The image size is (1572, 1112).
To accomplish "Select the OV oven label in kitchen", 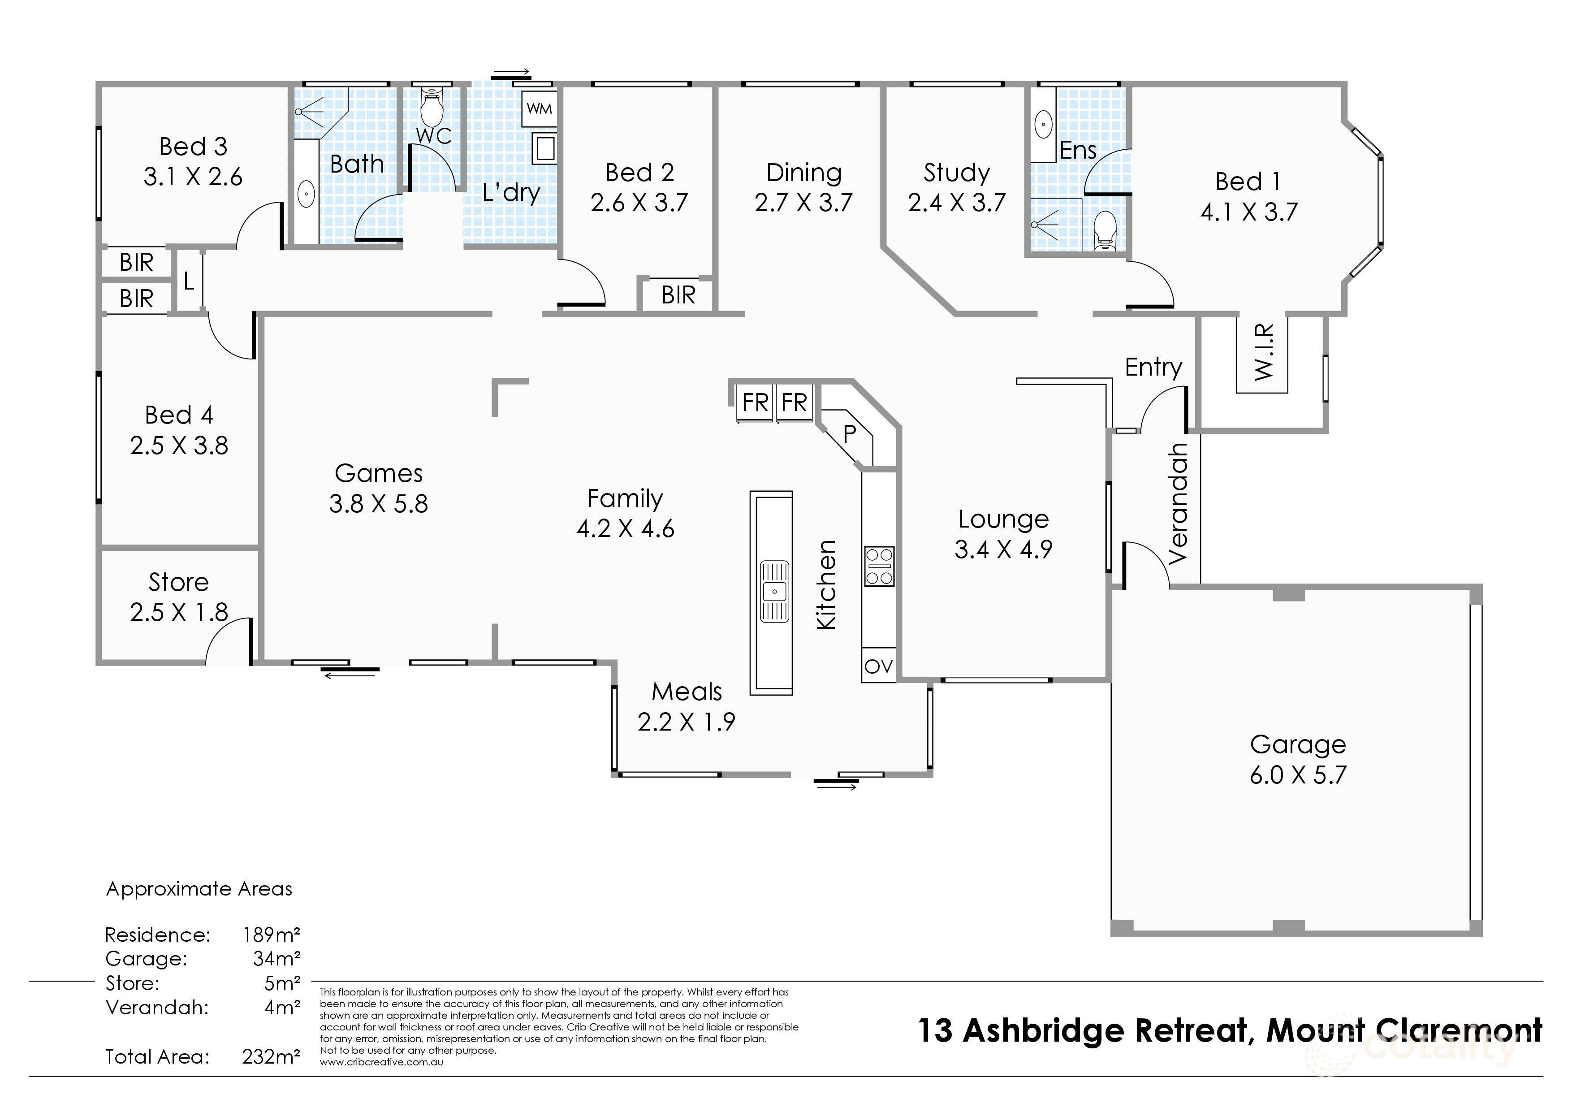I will click(878, 666).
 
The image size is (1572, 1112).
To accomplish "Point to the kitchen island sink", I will click(773, 591).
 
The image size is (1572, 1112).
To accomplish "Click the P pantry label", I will click(849, 433).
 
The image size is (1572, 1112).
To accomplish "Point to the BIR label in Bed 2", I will click(678, 295).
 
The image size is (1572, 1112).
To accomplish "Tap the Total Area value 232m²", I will click(271, 1056).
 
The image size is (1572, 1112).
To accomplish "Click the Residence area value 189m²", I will click(271, 935).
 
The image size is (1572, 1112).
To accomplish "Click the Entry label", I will click(1153, 367).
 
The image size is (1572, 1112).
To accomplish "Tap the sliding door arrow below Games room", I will click(350, 675).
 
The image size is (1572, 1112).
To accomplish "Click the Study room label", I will click(956, 173).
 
